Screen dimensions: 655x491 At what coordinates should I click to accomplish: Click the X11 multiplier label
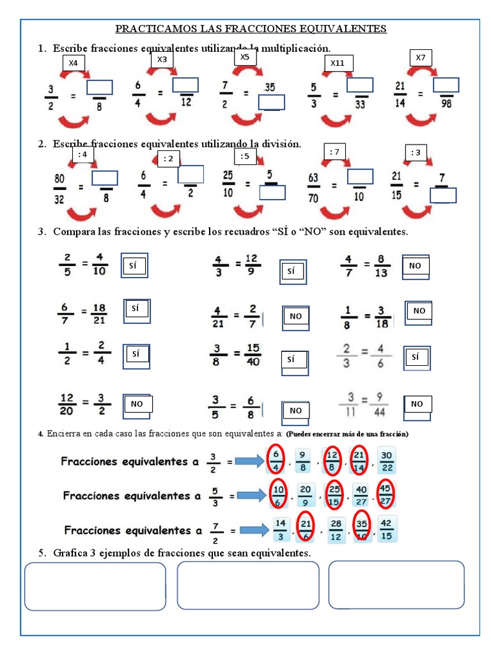[337, 63]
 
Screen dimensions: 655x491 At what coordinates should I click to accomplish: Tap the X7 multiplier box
[420, 58]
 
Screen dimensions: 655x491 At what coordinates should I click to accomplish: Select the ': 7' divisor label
[334, 152]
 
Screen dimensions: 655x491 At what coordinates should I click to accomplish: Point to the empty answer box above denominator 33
[360, 85]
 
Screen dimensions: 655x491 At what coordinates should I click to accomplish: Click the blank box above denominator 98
[446, 85]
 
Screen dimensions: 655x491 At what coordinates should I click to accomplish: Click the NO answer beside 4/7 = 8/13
[415, 265]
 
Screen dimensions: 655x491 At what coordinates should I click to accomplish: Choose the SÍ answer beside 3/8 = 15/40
[291, 359]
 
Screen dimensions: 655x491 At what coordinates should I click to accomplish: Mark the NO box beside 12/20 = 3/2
[137, 404]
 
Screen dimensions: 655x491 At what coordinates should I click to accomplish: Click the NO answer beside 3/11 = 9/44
[417, 404]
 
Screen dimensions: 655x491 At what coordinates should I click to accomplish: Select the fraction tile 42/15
[386, 529]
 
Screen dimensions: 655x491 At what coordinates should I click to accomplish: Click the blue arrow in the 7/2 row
[254, 530]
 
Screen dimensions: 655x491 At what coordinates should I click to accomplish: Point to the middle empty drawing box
[247, 585]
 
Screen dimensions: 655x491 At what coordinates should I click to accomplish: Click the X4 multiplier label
[73, 63]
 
